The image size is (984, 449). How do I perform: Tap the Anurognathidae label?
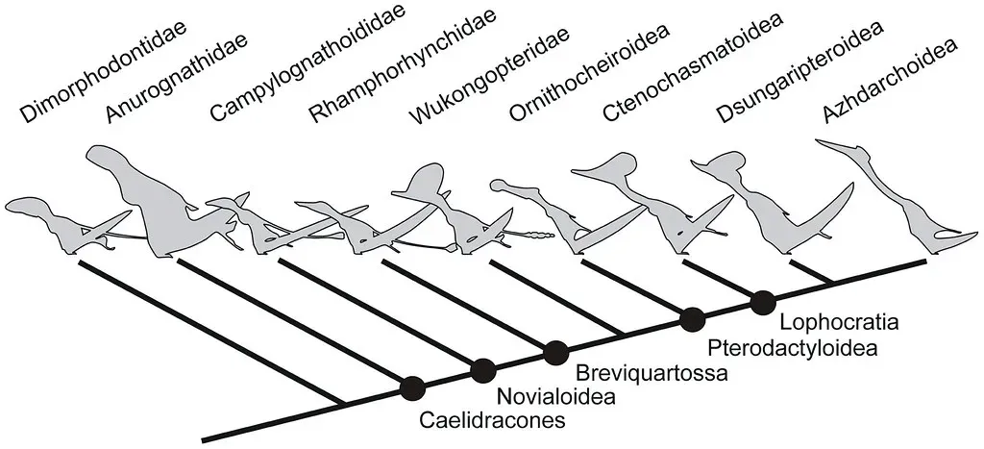tap(176, 83)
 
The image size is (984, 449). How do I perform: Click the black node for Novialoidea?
tap(482, 369)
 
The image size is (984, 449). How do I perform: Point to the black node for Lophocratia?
tap(763, 301)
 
